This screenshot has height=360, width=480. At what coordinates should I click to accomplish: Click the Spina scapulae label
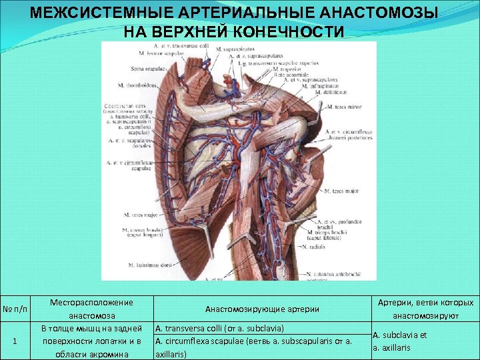click(147, 68)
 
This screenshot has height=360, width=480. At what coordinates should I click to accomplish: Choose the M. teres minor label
click(343, 105)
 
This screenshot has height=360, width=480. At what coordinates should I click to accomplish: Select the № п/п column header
click(15, 309)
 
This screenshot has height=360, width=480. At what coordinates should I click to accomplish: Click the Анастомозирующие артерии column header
click(262, 309)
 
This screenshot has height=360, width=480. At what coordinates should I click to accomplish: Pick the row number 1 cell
click(15, 341)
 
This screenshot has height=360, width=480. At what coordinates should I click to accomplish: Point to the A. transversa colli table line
click(220, 329)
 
